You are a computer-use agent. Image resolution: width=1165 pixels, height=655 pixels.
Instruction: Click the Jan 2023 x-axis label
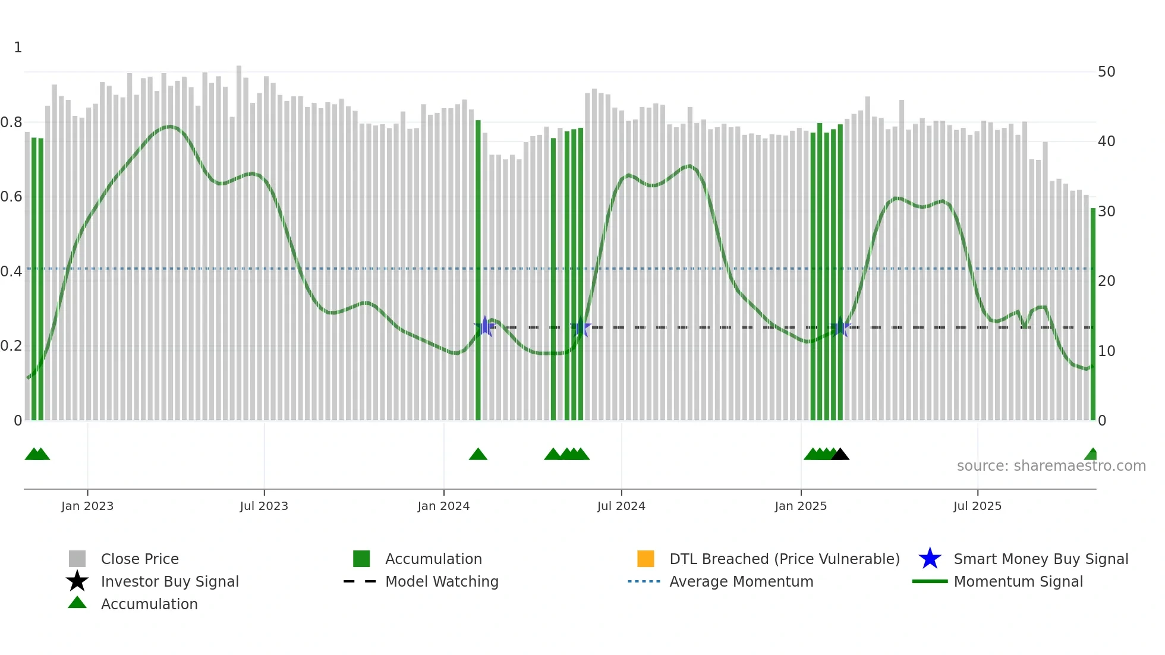(x=87, y=506)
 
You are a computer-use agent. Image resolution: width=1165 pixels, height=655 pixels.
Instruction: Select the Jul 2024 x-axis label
(x=621, y=506)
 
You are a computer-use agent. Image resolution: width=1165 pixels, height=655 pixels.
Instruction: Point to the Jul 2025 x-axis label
(x=977, y=506)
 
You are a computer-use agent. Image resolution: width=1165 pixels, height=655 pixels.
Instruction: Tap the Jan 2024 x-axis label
(x=443, y=506)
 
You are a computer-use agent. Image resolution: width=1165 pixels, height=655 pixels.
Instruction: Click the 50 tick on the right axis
(x=1106, y=72)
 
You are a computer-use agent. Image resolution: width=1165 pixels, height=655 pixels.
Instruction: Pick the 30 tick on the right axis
(x=1106, y=212)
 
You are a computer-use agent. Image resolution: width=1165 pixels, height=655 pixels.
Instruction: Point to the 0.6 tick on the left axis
(x=12, y=197)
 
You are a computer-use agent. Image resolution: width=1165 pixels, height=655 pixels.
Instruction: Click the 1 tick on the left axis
(x=18, y=48)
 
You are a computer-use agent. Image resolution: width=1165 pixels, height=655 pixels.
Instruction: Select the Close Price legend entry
(x=140, y=559)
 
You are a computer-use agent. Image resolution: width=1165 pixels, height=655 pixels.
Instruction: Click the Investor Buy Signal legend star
(x=77, y=581)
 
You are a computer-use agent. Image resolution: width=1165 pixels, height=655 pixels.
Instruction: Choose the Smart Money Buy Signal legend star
(x=930, y=559)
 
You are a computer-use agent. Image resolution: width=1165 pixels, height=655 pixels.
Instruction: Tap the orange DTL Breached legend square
(x=646, y=559)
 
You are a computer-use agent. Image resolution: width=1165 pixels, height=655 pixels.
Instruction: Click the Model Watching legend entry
(x=442, y=581)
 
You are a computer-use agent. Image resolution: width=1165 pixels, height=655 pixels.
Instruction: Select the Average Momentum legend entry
(x=741, y=581)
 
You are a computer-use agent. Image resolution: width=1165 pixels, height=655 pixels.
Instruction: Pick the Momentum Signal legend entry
(x=1018, y=581)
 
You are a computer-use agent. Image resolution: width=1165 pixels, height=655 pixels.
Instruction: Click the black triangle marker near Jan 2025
(x=840, y=455)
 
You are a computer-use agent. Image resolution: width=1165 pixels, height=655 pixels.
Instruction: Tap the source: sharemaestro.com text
(x=1051, y=466)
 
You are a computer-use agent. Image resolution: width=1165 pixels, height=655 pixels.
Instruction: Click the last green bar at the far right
(x=1092, y=315)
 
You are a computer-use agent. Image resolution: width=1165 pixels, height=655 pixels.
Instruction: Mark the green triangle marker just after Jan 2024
(x=478, y=455)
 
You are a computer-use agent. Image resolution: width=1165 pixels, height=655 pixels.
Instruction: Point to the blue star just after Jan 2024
(x=485, y=326)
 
